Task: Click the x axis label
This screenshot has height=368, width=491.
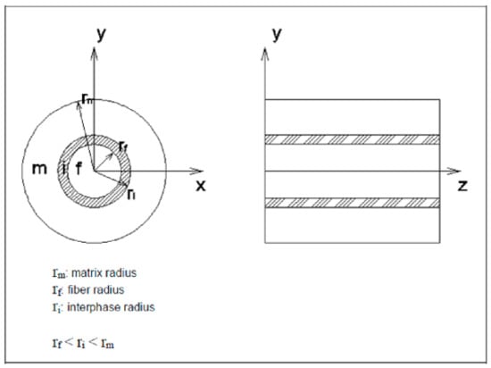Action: click(x=201, y=186)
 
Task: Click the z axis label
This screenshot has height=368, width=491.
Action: click(x=462, y=186)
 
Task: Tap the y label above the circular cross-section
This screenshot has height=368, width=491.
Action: click(x=101, y=34)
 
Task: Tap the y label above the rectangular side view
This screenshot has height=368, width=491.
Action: click(x=277, y=34)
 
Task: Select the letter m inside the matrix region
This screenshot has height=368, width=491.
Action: click(x=40, y=169)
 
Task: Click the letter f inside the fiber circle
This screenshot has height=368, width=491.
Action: click(x=79, y=169)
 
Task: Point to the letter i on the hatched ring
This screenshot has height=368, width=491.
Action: click(x=64, y=169)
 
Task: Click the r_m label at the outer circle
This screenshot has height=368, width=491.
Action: click(x=87, y=98)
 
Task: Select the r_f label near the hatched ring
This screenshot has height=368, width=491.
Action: click(x=123, y=146)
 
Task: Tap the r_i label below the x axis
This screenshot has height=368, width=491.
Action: click(x=131, y=194)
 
